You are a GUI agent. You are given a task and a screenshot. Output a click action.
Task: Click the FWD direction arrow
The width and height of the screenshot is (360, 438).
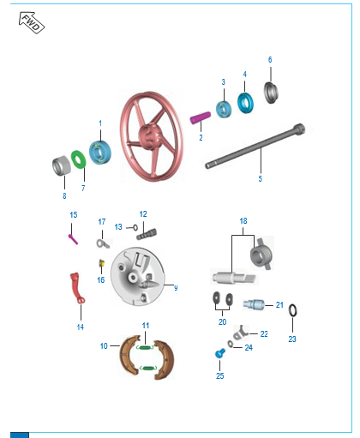[x=32, y=22]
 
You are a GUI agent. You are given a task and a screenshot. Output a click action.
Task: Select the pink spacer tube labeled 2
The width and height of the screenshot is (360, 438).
[x=201, y=117]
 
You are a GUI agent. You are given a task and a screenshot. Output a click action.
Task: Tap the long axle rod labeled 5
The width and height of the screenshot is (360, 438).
[x=255, y=146]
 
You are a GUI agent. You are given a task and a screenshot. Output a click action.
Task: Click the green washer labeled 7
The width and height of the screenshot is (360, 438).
[x=79, y=159]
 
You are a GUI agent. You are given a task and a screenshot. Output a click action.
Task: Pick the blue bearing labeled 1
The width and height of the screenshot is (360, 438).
[x=100, y=153]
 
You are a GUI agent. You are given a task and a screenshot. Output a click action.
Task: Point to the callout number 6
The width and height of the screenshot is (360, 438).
[x=270, y=60]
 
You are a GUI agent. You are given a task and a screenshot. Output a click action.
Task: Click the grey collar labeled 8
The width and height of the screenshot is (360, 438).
[x=61, y=165]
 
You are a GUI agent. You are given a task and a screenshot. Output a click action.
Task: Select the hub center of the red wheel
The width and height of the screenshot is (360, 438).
[x=150, y=135]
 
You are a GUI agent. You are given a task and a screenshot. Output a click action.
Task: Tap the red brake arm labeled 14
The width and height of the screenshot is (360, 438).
[x=77, y=288]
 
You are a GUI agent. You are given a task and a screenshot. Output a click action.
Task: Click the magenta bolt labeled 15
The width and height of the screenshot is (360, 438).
[x=73, y=239]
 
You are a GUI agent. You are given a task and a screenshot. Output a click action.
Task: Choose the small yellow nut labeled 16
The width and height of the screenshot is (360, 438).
[x=101, y=263]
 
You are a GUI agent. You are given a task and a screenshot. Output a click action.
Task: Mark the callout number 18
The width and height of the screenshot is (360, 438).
[x=243, y=221]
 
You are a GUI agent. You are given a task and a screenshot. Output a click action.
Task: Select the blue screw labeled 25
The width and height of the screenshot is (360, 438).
[x=219, y=353]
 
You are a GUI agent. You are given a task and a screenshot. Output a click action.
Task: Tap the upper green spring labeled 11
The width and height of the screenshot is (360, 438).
[x=145, y=347]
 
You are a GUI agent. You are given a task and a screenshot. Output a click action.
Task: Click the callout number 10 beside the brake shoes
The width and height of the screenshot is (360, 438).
[x=104, y=346]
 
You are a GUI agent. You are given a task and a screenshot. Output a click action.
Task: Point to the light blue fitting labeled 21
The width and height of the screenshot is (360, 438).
[x=254, y=304]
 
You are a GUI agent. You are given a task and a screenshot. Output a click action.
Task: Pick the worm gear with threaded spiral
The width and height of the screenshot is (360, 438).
[x=261, y=254]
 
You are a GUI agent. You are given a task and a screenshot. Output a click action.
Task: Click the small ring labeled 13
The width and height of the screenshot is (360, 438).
[x=135, y=228]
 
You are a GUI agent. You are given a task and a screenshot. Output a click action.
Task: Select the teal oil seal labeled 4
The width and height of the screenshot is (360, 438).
[x=245, y=103]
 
